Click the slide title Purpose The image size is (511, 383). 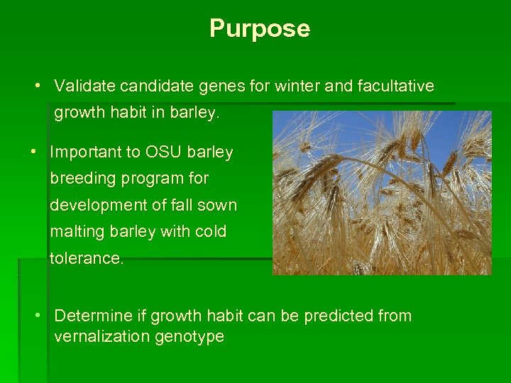point(260,28)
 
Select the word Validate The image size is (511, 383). point(84,87)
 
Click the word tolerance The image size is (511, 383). point(86,259)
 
